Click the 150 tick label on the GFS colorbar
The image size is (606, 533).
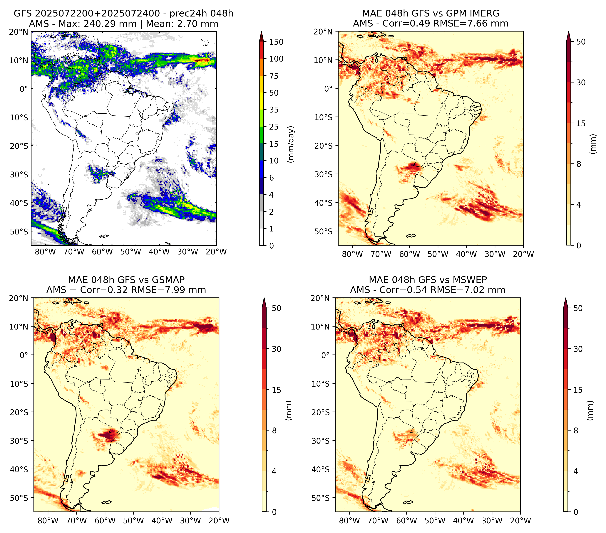click(276, 42)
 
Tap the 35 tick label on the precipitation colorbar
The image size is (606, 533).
click(274, 110)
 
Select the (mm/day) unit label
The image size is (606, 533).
click(292, 144)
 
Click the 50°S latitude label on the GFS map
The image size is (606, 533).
click(19, 231)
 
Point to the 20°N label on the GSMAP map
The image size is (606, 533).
click(19, 298)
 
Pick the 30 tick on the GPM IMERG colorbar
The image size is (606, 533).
click(581, 82)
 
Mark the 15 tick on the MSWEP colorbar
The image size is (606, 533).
click(578, 390)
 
